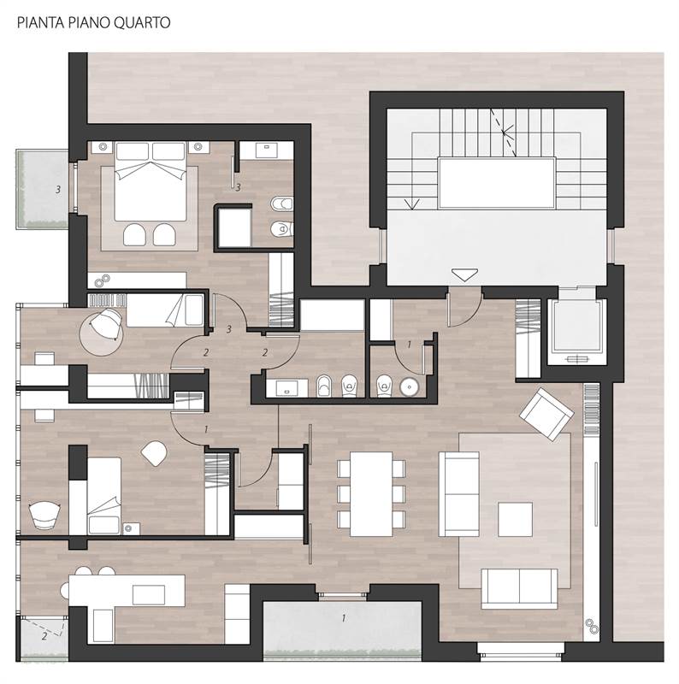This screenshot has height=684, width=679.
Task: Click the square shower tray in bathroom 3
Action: (233, 226)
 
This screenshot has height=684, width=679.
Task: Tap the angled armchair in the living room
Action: (546, 414)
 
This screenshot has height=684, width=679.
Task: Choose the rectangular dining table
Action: (370, 493)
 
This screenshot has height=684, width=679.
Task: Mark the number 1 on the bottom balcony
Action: (343, 616)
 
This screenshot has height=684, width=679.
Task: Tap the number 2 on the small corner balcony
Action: (44, 636)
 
